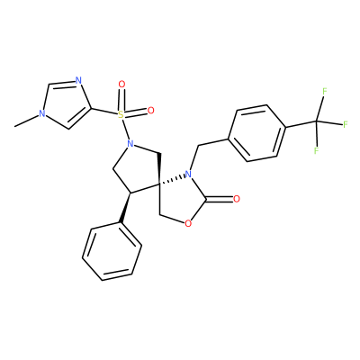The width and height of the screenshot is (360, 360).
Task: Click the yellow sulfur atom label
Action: click(121, 114)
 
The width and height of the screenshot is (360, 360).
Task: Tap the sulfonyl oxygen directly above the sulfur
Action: click(121, 85)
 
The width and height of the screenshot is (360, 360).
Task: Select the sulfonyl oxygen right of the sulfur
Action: click(150, 111)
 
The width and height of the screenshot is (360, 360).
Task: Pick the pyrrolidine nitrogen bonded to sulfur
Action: click(130, 144)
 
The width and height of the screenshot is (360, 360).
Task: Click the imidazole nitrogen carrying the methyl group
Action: click(42, 114)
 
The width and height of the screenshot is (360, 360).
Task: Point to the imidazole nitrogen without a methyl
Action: click(78, 80)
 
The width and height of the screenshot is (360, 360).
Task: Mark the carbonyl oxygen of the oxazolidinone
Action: click(237, 199)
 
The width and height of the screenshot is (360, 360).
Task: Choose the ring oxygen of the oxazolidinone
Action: click(188, 223)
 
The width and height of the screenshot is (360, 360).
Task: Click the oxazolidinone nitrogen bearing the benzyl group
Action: click(188, 175)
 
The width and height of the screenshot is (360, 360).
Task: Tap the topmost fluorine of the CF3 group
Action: click(324, 92)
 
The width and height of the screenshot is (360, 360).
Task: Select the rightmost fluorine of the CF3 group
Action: click(345, 124)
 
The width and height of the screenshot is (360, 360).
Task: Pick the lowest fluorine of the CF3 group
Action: click(316, 150)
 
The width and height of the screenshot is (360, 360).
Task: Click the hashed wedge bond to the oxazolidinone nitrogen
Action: click(172, 179)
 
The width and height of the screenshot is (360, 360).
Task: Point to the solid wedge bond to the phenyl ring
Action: click(125, 208)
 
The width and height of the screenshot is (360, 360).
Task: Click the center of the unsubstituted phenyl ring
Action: click(112, 251)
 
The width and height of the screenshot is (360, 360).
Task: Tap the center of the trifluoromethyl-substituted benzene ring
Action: click(256, 133)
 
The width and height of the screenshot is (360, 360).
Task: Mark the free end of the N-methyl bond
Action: click(15, 126)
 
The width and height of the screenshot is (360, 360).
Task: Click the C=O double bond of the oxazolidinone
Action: click(220, 199)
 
